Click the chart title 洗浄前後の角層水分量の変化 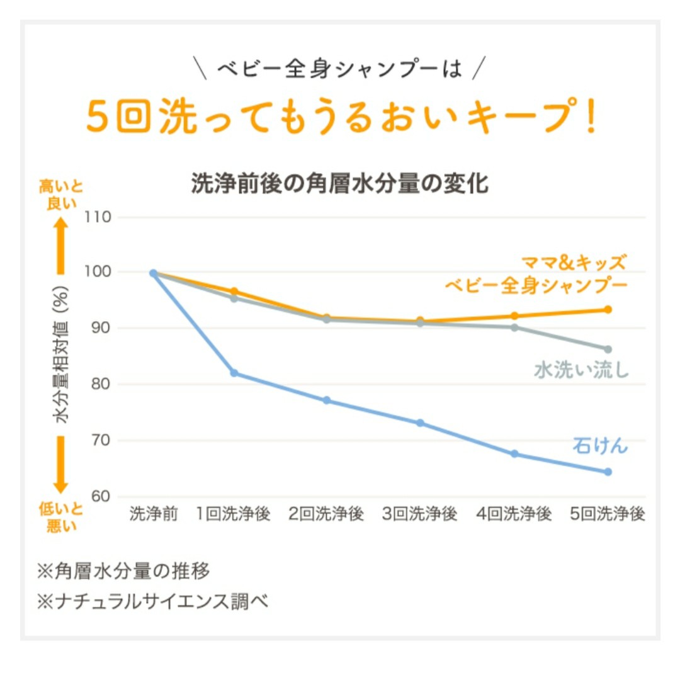tap(340, 184)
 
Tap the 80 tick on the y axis tap(99, 384)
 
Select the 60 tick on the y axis tap(99, 496)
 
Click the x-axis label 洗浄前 tap(154, 514)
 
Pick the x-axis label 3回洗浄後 tap(420, 514)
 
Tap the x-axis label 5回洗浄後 tap(608, 514)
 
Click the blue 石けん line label tap(599, 445)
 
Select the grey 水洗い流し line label tap(581, 370)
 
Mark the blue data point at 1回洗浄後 tap(234, 373)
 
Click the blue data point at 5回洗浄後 tap(608, 472)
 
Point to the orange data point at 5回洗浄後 tap(608, 309)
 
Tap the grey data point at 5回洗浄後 tap(608, 349)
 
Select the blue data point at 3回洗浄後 tap(420, 423)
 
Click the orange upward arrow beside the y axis tap(60, 246)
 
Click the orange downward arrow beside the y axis tap(60, 465)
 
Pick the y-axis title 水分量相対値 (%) tap(62, 355)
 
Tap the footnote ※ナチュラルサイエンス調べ tap(153, 601)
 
